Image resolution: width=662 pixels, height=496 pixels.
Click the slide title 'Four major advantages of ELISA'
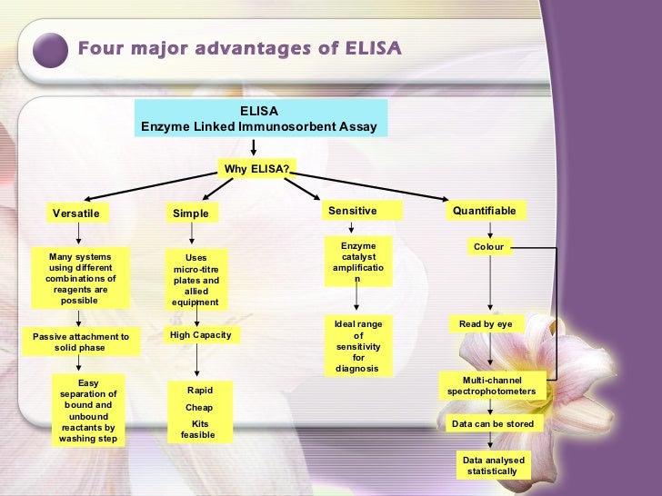[238, 47]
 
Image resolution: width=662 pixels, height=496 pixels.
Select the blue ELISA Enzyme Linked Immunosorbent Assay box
[258, 119]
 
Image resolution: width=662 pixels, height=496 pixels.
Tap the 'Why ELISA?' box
[257, 168]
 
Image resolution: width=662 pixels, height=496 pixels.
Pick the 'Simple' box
[191, 213]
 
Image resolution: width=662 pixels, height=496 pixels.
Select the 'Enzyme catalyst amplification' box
[357, 262]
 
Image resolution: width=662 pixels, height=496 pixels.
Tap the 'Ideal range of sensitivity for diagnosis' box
[357, 345]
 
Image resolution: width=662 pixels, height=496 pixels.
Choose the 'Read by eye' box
[492, 323]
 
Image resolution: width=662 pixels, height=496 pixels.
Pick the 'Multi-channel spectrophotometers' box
[492, 385]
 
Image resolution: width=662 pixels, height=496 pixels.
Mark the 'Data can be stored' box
[492, 423]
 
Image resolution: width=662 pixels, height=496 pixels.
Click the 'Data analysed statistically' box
[492, 465]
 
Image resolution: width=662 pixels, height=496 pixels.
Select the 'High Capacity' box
[201, 335]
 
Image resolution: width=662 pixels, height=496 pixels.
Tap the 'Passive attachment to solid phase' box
[81, 342]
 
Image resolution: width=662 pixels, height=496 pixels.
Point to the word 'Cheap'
[198, 408]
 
